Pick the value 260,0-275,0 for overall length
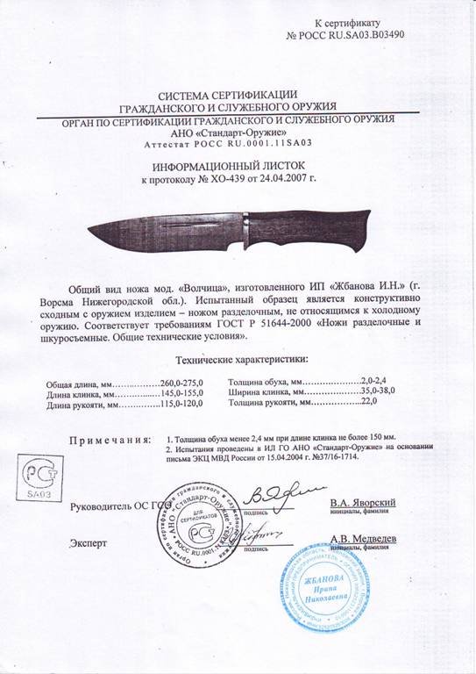coord(181,384)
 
